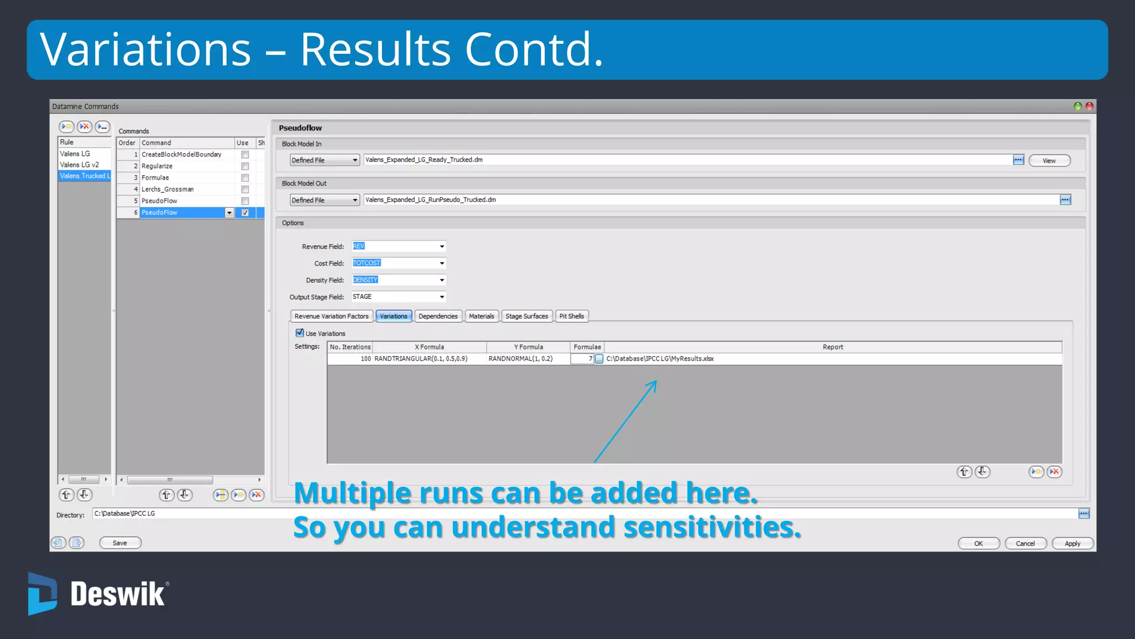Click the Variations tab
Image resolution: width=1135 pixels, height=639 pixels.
pos(393,316)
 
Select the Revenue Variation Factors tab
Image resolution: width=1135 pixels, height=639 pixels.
pos(331,316)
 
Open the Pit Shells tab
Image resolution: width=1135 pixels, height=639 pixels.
pos(571,316)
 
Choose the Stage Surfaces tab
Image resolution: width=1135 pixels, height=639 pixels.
pos(526,316)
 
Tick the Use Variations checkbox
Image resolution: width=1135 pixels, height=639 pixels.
pos(300,333)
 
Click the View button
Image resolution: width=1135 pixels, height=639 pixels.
pos(1049,161)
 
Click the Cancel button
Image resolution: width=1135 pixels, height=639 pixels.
pos(1025,544)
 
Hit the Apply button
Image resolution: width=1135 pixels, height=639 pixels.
pos(1072,544)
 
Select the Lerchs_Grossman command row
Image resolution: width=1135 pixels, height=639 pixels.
pos(167,189)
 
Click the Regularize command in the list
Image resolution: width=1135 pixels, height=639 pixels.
pos(157,166)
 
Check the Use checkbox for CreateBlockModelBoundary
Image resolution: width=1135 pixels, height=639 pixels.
pos(245,155)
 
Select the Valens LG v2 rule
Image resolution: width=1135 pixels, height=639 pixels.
pos(79,165)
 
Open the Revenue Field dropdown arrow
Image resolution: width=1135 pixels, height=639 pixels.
pos(442,246)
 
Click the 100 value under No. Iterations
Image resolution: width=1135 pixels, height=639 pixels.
pos(365,359)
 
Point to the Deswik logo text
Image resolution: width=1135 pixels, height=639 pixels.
pos(117,595)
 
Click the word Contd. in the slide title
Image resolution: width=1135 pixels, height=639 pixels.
pos(534,50)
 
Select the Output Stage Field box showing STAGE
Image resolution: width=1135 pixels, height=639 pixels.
pos(395,297)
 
